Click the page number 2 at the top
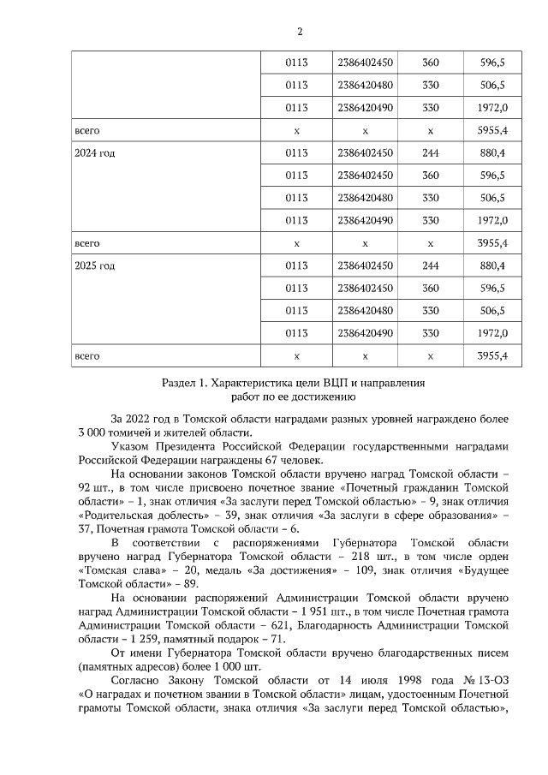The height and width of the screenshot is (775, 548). [300, 33]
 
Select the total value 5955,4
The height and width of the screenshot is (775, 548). [492, 130]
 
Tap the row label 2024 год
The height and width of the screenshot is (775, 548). [95, 153]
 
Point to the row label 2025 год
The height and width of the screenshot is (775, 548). [95, 265]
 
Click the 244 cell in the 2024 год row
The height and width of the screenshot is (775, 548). [431, 153]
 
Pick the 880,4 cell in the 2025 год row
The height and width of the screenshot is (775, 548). [492, 265]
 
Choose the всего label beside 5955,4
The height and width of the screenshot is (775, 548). [88, 130]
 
